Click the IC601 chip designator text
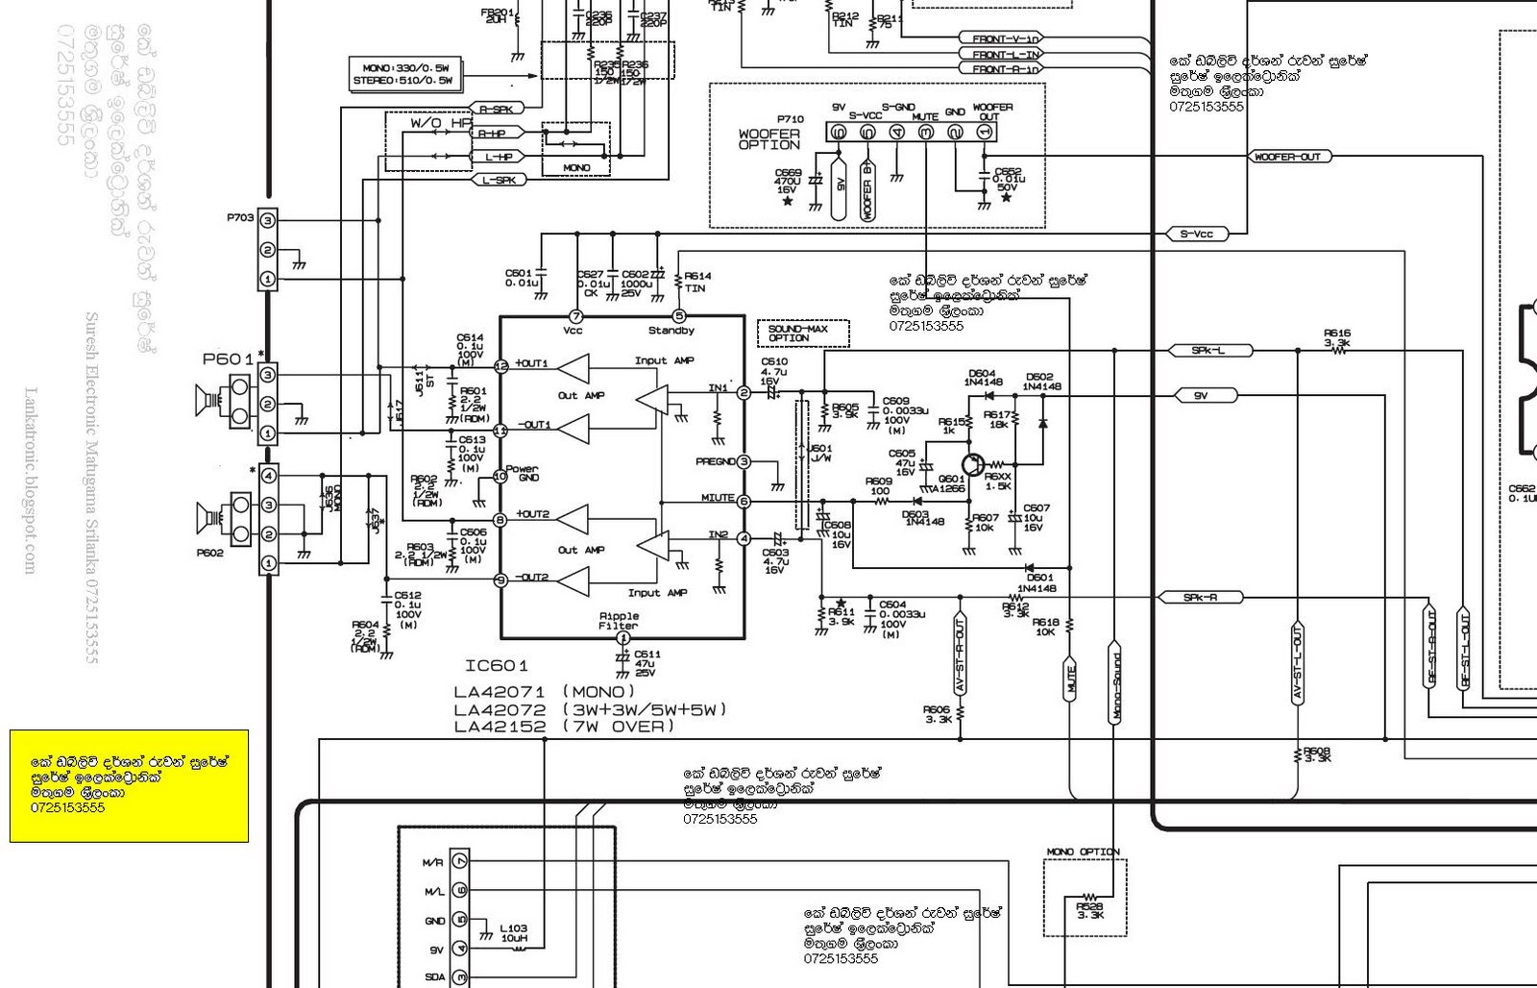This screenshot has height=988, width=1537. tap(497, 666)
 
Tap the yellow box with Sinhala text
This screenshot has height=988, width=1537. tap(129, 786)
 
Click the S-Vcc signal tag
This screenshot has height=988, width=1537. tap(1197, 234)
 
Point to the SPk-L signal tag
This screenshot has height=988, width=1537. tap(1208, 351)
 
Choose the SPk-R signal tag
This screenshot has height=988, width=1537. tap(1201, 598)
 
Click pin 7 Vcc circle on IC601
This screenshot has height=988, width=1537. tap(576, 316)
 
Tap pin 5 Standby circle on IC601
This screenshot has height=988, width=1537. tap(679, 316)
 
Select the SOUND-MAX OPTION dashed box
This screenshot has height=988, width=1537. tap(804, 333)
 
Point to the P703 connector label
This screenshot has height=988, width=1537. tap(240, 217)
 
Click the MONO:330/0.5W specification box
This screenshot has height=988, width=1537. tap(407, 75)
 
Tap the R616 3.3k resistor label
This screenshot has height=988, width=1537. tap(1336, 337)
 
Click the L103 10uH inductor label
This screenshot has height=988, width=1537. tap(513, 934)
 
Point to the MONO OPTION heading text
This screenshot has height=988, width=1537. tap(1083, 852)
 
